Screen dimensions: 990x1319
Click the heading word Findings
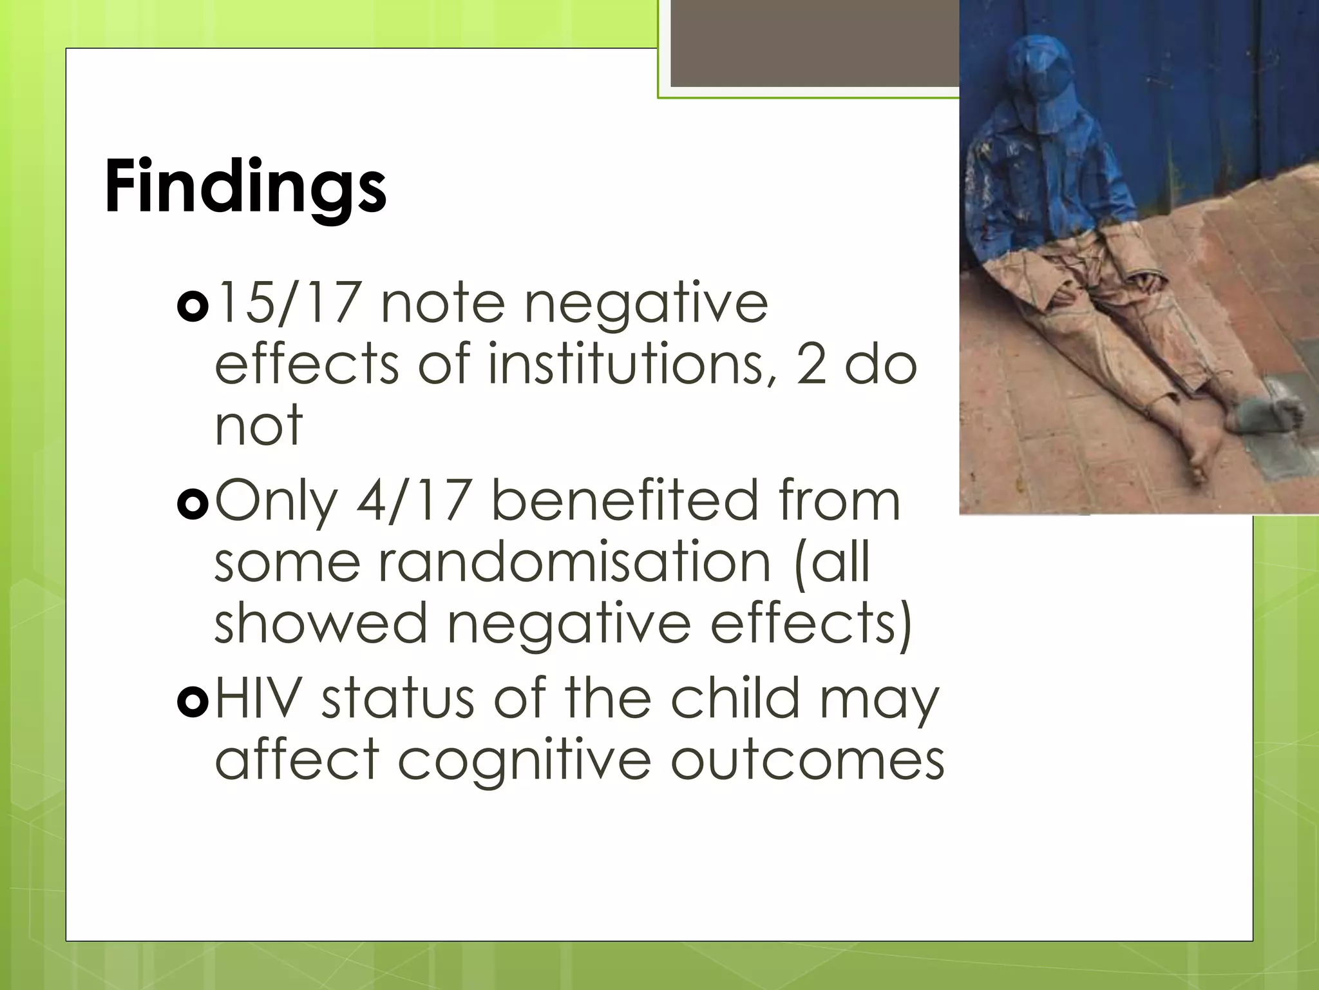pyautogui.click(x=245, y=187)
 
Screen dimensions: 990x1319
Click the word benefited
pyautogui.click(x=625, y=501)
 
